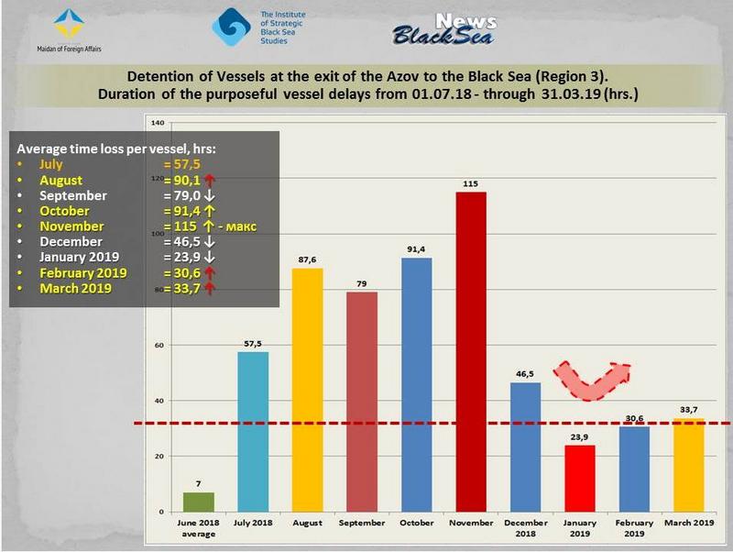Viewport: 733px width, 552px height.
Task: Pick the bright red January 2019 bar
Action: click(x=580, y=478)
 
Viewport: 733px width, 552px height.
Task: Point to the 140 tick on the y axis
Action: click(x=157, y=123)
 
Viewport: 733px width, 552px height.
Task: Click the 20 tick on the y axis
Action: click(x=159, y=456)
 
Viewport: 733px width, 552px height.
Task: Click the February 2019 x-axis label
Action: click(x=634, y=528)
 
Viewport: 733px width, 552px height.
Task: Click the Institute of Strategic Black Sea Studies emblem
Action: click(x=230, y=27)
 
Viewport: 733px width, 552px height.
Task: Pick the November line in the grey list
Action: click(x=72, y=226)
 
